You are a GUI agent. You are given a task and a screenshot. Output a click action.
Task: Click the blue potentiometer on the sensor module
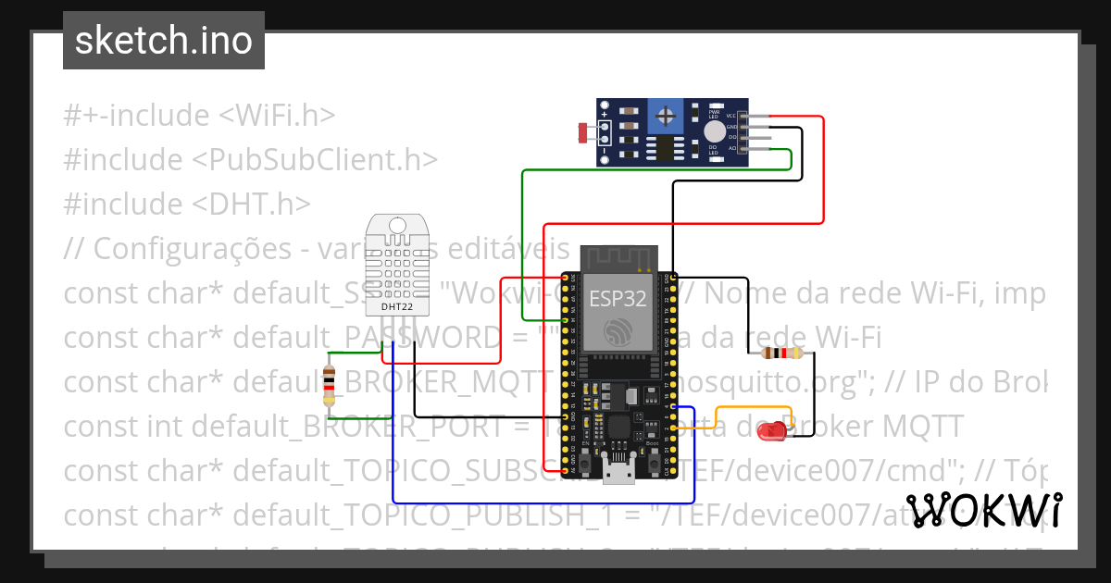664,116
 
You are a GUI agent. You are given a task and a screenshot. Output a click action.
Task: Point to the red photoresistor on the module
583,133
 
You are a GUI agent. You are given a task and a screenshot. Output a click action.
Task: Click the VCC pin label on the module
731,116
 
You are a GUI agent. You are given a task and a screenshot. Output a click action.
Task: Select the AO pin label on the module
731,147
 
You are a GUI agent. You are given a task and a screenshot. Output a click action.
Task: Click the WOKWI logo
983,510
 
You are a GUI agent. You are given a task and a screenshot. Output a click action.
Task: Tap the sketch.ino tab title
163,41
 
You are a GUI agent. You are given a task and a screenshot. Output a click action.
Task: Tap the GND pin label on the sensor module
731,127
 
